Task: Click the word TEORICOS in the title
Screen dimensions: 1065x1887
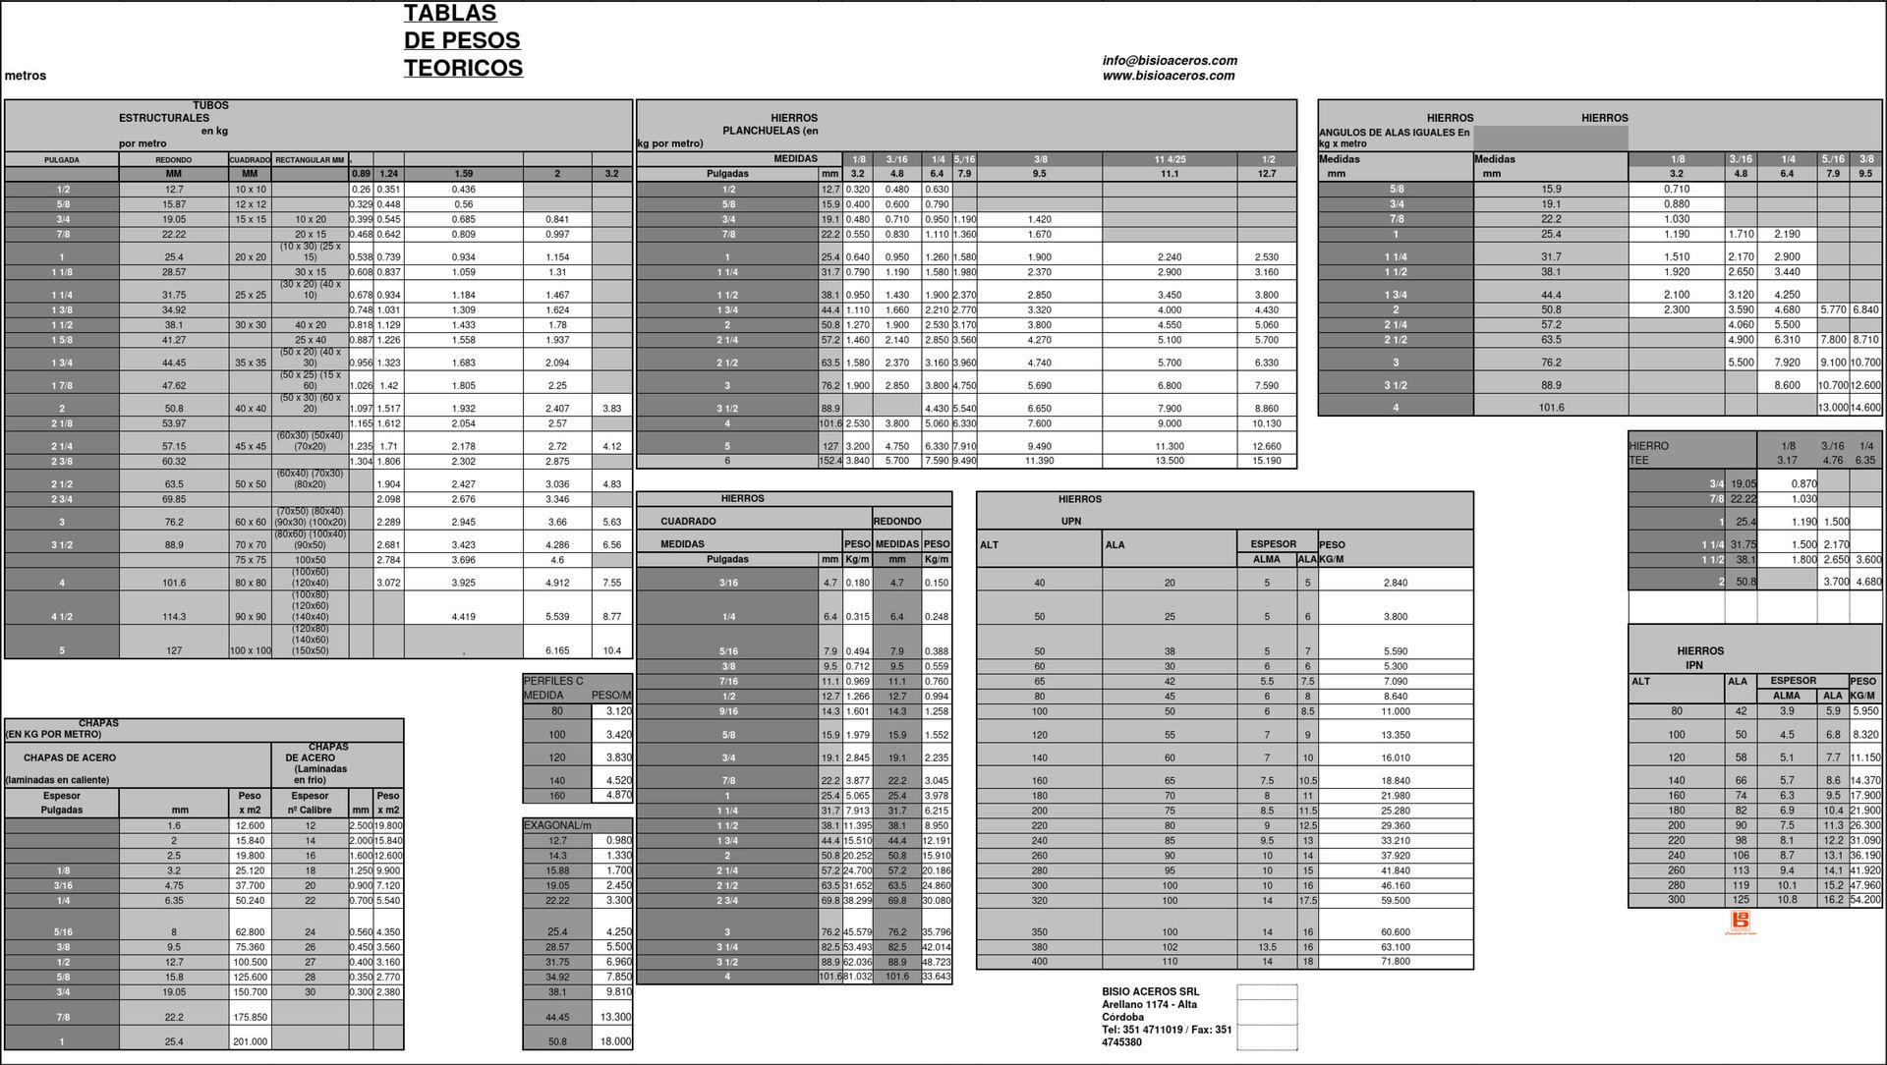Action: pyautogui.click(x=463, y=68)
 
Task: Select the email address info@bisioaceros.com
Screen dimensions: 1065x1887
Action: pyautogui.click(x=1170, y=61)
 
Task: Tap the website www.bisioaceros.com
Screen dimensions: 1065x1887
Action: pyautogui.click(x=1169, y=76)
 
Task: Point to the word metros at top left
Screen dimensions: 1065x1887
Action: pyautogui.click(x=26, y=76)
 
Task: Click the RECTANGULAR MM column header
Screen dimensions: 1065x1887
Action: pyautogui.click(x=310, y=159)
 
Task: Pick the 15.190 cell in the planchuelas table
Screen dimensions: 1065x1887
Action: pyautogui.click(x=1267, y=461)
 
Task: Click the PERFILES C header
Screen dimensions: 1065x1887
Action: pyautogui.click(x=553, y=681)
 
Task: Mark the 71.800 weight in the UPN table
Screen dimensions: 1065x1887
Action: pyautogui.click(x=1395, y=962)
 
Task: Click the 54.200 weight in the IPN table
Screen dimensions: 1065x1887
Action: pyautogui.click(x=1865, y=900)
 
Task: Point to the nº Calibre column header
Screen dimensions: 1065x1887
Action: pyautogui.click(x=310, y=811)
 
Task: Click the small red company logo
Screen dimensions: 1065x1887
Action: pyautogui.click(x=1740, y=922)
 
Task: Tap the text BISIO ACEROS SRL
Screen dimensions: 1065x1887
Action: pyautogui.click(x=1150, y=992)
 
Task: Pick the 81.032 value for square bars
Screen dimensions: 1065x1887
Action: pyautogui.click(x=857, y=977)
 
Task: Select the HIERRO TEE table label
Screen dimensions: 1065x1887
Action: pyautogui.click(x=1648, y=453)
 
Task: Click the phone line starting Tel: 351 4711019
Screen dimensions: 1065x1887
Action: pyautogui.click(x=1167, y=1030)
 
